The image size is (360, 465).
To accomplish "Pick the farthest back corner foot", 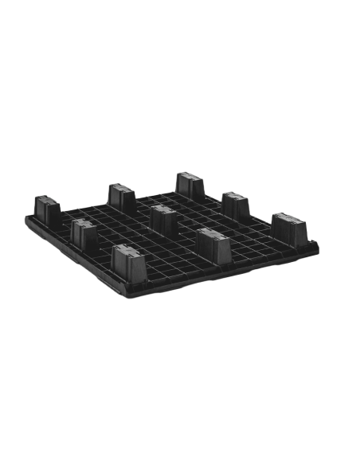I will [x=190, y=185].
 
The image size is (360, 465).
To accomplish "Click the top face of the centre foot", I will [x=165, y=209].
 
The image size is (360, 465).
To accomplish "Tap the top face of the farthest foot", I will [x=190, y=174].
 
